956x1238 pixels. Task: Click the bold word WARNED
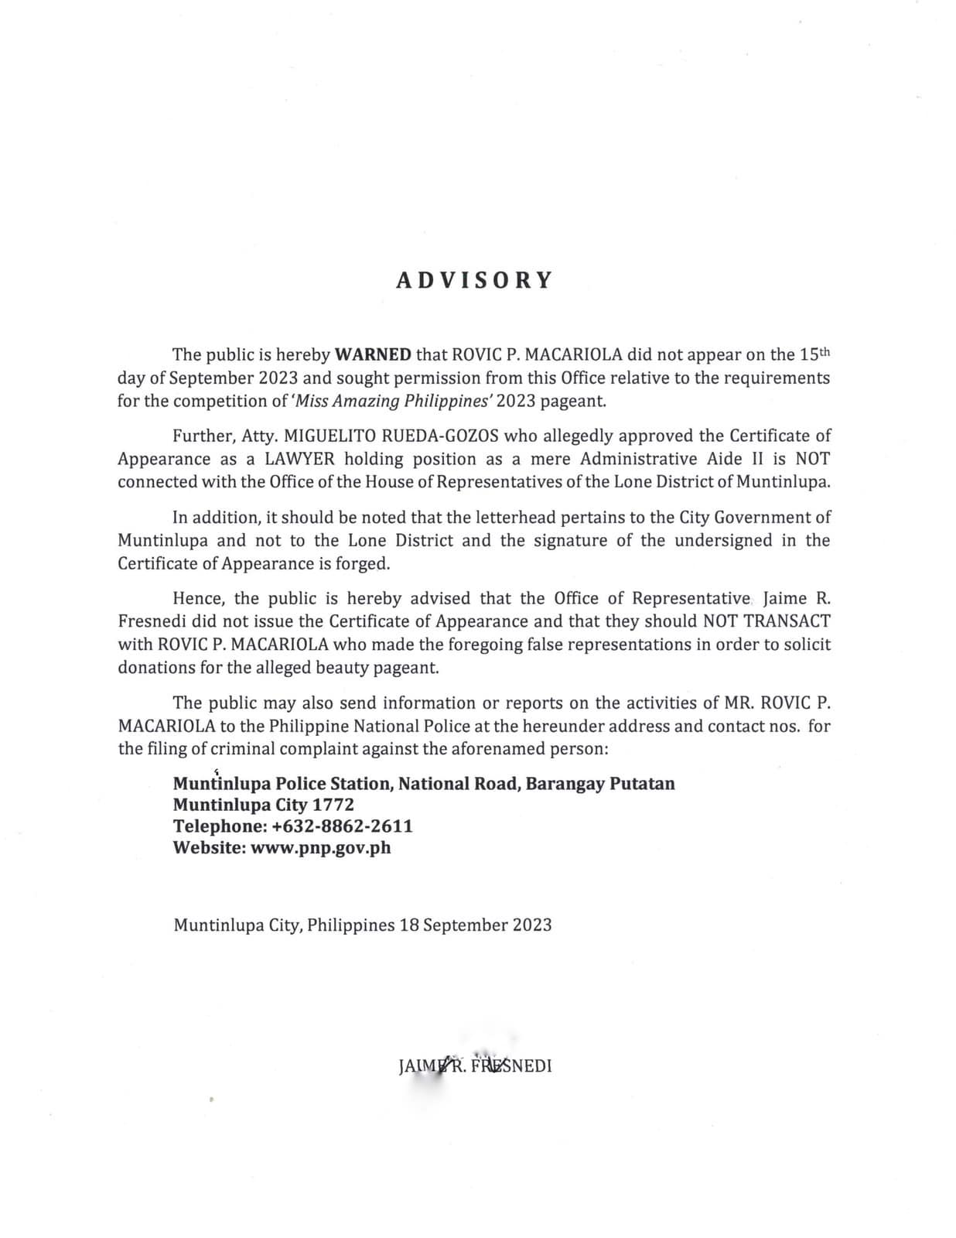pos(373,355)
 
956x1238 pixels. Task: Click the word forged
pos(362,563)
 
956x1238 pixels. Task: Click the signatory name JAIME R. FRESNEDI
pos(475,1066)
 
